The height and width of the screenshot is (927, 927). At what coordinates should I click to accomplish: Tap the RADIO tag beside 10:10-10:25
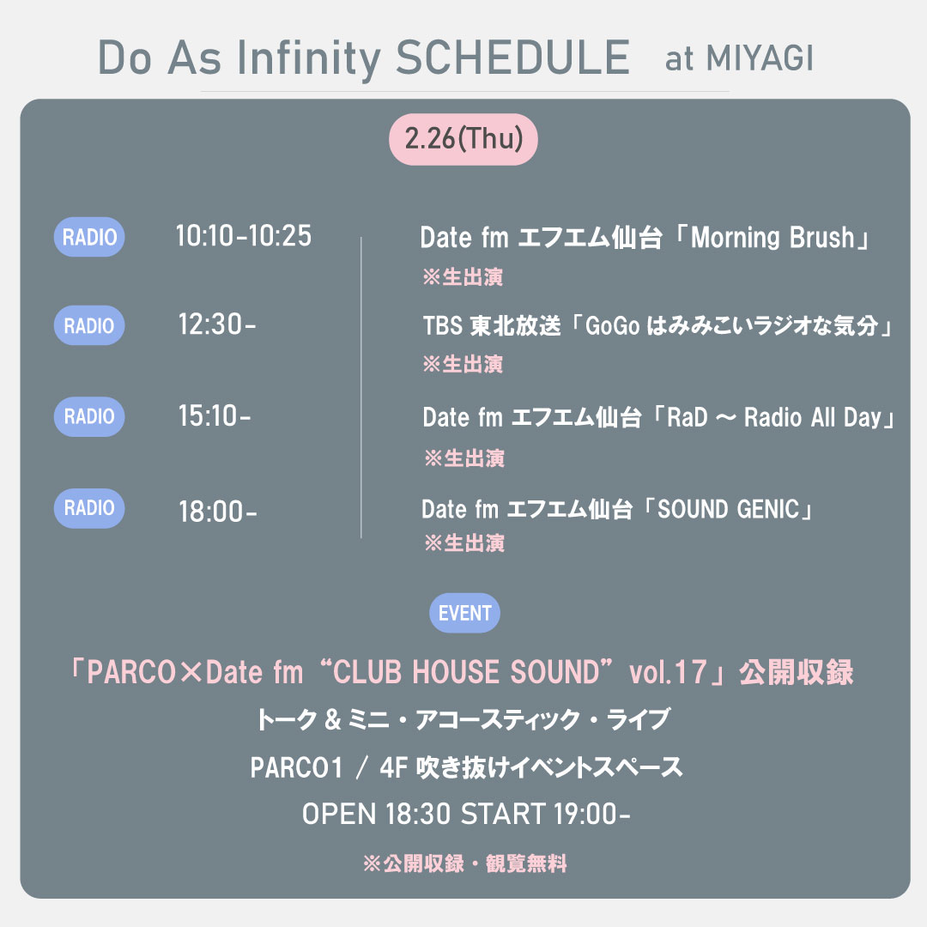[x=89, y=237]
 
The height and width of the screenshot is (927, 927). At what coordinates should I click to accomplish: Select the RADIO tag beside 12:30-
[x=89, y=326]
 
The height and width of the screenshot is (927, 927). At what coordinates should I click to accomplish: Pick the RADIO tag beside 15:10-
[x=89, y=417]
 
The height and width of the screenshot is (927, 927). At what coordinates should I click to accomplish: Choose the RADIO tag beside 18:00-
[x=89, y=508]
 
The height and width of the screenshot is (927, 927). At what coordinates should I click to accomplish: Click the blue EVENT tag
[x=464, y=613]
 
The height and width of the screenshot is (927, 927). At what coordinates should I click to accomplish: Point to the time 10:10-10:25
[x=243, y=236]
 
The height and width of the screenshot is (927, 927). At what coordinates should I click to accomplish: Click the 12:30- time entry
[x=217, y=326]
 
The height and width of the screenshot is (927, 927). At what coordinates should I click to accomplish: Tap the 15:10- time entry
[x=215, y=417]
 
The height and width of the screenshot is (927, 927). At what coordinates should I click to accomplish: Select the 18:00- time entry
[x=217, y=512]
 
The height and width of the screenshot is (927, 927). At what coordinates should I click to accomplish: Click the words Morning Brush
[x=772, y=238]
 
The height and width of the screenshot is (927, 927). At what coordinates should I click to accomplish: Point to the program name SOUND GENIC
[x=730, y=510]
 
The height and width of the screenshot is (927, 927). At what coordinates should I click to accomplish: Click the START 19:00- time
[x=546, y=814]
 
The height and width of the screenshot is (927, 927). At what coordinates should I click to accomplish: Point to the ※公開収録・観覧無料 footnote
[x=464, y=863]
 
